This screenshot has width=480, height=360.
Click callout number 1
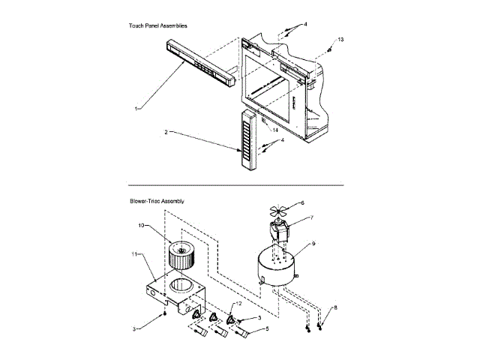[136, 109]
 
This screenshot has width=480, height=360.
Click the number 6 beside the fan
[302, 202]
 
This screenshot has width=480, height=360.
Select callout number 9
[313, 244]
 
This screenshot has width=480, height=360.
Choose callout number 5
[268, 328]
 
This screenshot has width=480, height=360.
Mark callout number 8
[335, 307]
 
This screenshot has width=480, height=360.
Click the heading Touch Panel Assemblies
[157, 25]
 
